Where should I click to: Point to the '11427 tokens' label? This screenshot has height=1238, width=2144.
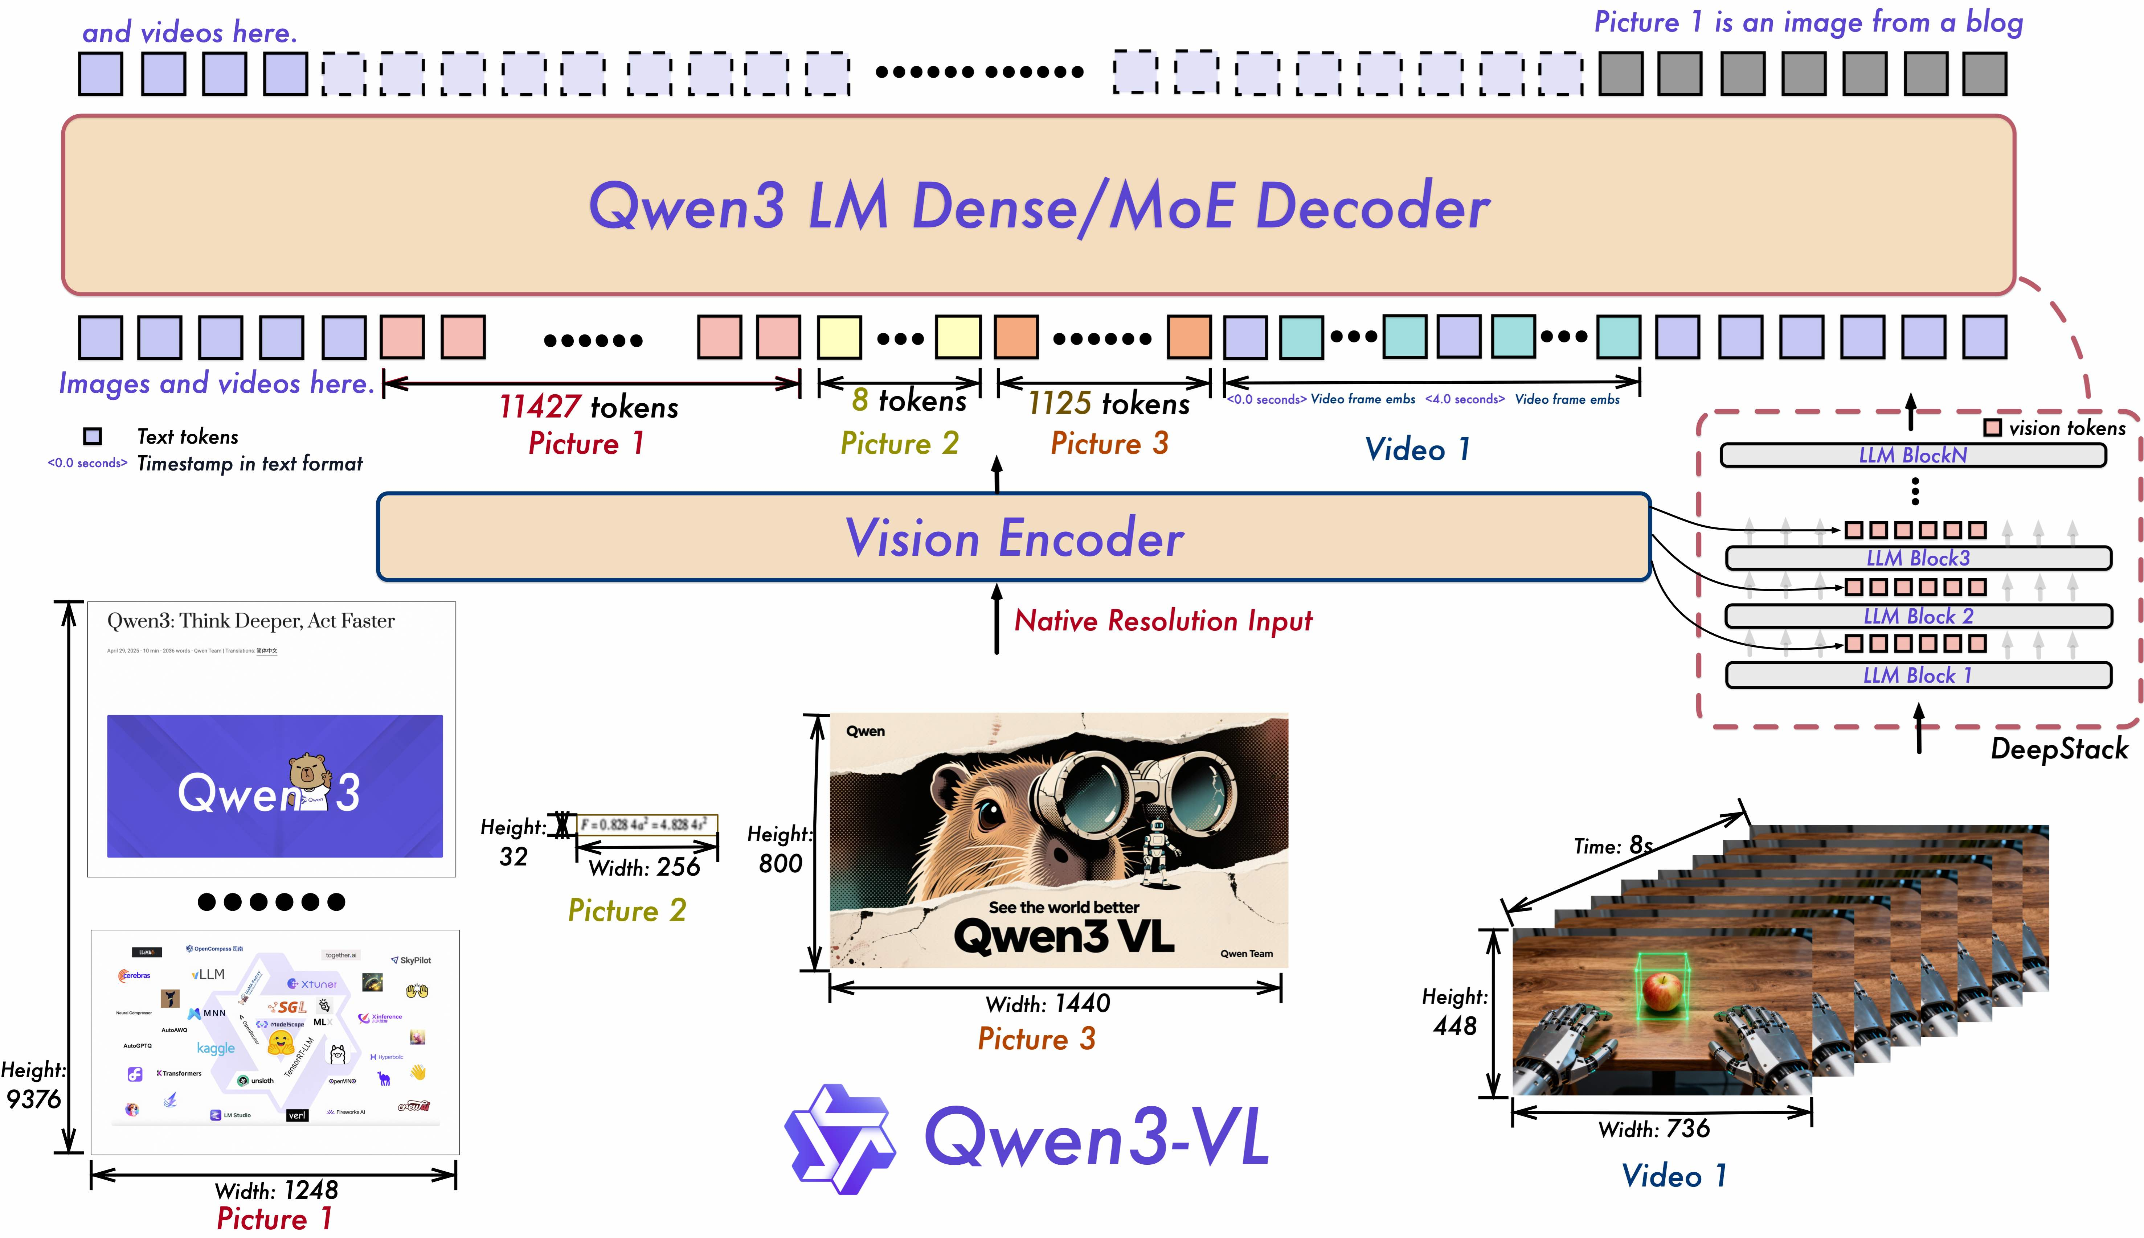(x=589, y=407)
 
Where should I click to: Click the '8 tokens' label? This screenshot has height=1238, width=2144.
(x=908, y=400)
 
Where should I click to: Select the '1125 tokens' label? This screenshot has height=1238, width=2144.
(x=1108, y=404)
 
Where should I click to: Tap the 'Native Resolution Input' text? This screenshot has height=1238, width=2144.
(x=1163, y=621)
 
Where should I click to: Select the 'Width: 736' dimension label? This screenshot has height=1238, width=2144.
(x=1653, y=1129)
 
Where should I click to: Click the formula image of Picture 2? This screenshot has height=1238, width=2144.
(x=646, y=824)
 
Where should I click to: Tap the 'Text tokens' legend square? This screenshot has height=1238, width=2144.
(x=93, y=436)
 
